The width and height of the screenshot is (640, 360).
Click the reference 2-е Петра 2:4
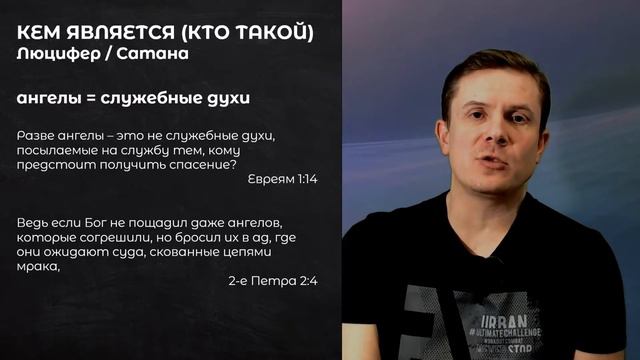click(272, 281)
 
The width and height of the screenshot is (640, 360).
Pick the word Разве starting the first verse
click(36, 135)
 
